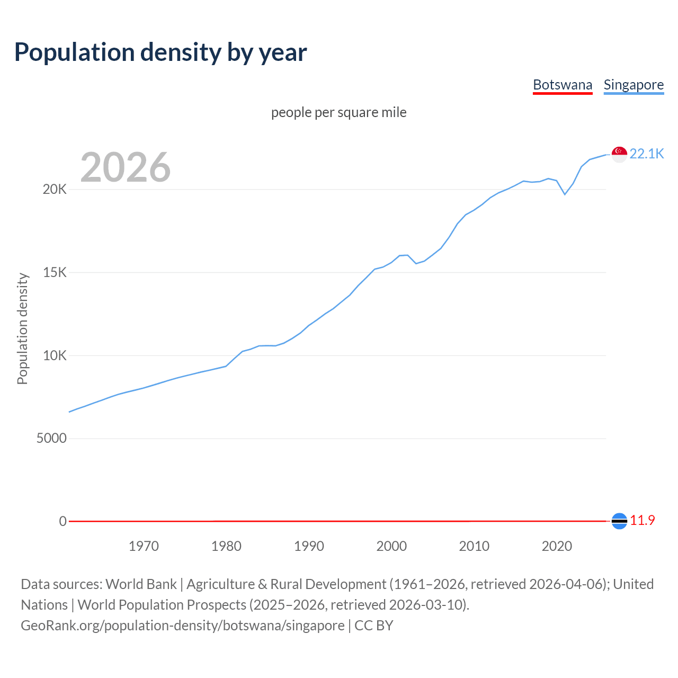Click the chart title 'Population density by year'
(x=160, y=52)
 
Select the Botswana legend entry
(x=562, y=85)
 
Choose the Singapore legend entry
(x=634, y=85)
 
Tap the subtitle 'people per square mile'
(x=338, y=112)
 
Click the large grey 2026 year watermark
(x=126, y=167)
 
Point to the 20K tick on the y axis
(x=55, y=190)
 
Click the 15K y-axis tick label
(x=55, y=273)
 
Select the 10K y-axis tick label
(x=55, y=355)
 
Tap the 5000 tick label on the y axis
(x=51, y=439)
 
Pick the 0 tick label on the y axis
(x=63, y=521)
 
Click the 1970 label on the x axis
(x=144, y=546)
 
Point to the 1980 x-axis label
(x=226, y=546)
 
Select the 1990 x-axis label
(x=309, y=546)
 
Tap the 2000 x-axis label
(x=391, y=546)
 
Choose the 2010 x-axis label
(x=474, y=546)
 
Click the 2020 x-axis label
(x=557, y=546)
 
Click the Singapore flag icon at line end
(x=619, y=154)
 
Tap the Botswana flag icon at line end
(x=619, y=521)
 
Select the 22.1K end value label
(x=647, y=154)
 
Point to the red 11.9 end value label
(x=643, y=521)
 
